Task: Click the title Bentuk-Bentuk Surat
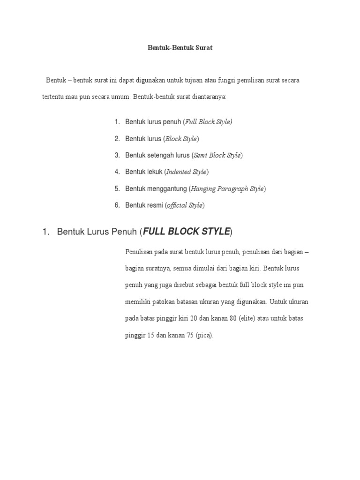pyautogui.click(x=180, y=48)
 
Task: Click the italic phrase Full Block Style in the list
pyautogui.click(x=208, y=122)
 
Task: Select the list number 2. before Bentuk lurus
pyautogui.click(x=117, y=139)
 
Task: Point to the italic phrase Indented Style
pyautogui.click(x=187, y=172)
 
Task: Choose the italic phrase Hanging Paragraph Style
pyautogui.click(x=227, y=189)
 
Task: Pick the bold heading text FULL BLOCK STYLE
pyautogui.click(x=186, y=232)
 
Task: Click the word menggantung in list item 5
pyautogui.click(x=165, y=189)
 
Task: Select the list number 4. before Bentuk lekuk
pyautogui.click(x=117, y=172)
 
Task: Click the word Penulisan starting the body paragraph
pyautogui.click(x=140, y=252)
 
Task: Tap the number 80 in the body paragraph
pyautogui.click(x=232, y=319)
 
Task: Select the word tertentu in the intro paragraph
pyautogui.click(x=53, y=97)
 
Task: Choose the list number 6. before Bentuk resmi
pyautogui.click(x=117, y=205)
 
